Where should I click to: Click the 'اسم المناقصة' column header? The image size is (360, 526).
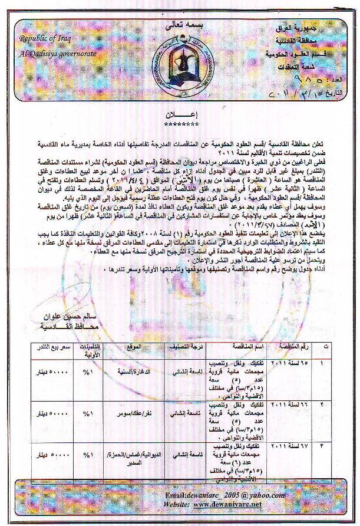239,347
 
